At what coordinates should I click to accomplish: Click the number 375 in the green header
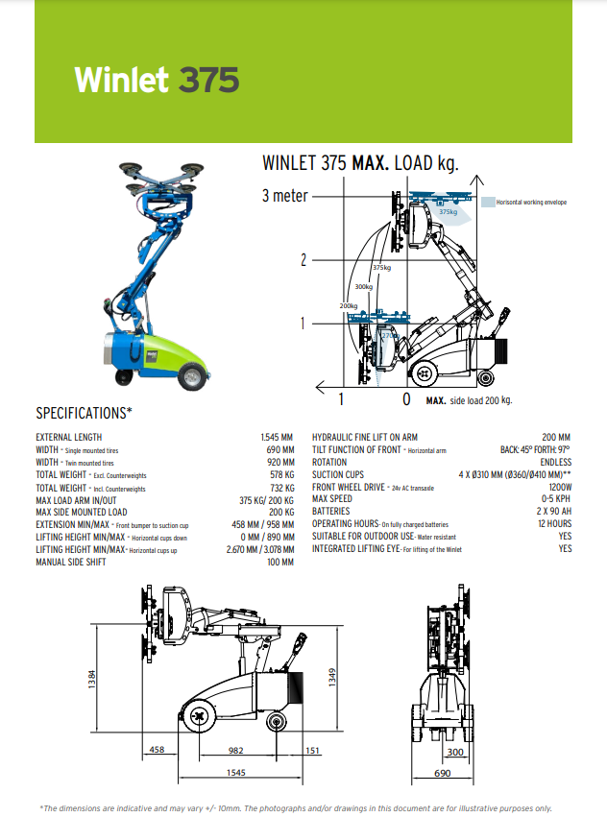click(x=208, y=80)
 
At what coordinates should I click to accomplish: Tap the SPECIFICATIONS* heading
click(x=84, y=414)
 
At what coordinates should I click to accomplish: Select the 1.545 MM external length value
click(x=278, y=437)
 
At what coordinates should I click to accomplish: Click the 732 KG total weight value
click(x=282, y=488)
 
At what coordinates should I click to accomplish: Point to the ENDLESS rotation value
click(x=555, y=462)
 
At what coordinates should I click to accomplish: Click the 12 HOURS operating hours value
click(x=552, y=524)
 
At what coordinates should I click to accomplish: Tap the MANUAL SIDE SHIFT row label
click(x=71, y=562)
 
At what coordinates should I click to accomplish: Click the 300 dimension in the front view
click(x=455, y=753)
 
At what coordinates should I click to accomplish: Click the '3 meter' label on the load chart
click(x=284, y=196)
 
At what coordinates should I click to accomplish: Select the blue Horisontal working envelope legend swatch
click(x=488, y=203)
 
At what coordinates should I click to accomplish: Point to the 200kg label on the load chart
click(x=348, y=305)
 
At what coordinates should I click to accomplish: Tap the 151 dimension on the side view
click(x=312, y=750)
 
